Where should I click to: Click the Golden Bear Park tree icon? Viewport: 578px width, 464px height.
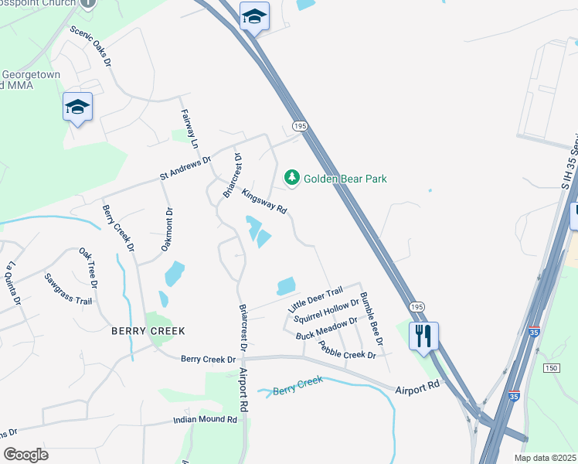(292, 179)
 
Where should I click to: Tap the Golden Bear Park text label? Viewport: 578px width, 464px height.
(345, 179)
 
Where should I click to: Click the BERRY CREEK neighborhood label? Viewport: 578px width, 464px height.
(148, 330)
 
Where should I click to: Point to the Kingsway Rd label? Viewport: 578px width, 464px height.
(264, 203)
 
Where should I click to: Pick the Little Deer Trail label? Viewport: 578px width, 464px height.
(315, 299)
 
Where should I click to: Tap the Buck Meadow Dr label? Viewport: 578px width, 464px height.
(327, 328)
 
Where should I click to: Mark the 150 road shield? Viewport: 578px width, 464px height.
(551, 367)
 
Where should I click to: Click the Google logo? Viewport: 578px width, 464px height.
(25, 455)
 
